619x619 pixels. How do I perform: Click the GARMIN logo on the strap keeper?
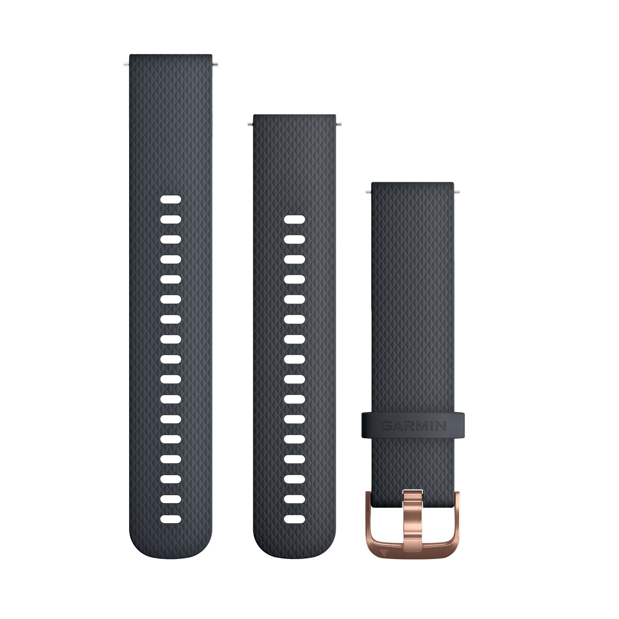(413, 426)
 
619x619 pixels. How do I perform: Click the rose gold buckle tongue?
(413, 515)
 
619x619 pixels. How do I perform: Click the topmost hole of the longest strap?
(171, 200)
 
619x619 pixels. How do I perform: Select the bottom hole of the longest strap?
(171, 519)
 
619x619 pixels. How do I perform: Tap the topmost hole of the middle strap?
(294, 219)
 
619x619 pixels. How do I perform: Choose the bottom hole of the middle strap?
(294, 519)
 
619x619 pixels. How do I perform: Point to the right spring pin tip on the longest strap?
(215, 64)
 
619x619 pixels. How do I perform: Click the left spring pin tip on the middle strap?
(250, 124)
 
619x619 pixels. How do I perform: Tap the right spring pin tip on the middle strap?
(339, 124)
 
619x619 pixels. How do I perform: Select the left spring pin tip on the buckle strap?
(368, 191)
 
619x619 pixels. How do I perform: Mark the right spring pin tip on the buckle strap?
(457, 191)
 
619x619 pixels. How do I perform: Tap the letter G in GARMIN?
(386, 426)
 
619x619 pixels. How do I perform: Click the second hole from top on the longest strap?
(171, 220)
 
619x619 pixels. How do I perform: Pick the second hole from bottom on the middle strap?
(294, 499)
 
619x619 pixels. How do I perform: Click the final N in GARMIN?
(441, 426)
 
